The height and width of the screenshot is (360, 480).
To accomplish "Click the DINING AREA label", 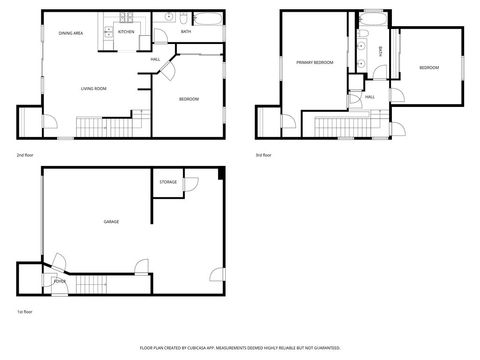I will (70, 33).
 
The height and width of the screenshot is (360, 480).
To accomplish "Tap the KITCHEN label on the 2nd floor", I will (126, 32).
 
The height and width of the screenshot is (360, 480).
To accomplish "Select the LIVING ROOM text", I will (93, 88).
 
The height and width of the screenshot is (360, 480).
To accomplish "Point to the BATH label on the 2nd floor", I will (186, 32).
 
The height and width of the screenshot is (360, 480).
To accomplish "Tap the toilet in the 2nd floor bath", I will (170, 18).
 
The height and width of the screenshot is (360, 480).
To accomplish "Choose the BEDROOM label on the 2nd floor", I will (189, 98).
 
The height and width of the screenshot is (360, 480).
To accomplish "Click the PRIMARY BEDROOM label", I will (313, 62).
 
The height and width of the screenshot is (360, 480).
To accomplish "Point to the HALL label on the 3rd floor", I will (369, 96).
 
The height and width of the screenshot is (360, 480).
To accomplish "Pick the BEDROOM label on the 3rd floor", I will (428, 67).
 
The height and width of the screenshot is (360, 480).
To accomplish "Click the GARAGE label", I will (111, 221).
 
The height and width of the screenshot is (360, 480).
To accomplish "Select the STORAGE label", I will (168, 182).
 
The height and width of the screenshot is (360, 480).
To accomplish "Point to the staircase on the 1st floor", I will (93, 285).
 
